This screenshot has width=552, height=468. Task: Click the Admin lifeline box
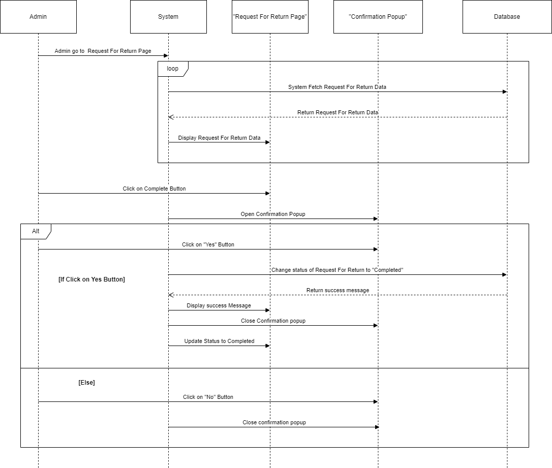click(38, 17)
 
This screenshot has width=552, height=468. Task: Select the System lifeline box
click(168, 17)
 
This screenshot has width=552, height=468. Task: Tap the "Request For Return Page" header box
click(270, 17)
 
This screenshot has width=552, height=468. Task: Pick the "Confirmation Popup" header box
click(378, 17)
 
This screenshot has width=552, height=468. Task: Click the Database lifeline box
click(507, 17)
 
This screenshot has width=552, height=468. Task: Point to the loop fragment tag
click(173, 69)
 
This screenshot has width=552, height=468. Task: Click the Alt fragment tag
click(36, 231)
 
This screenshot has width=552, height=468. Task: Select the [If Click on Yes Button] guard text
click(91, 279)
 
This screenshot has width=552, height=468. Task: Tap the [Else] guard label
click(86, 383)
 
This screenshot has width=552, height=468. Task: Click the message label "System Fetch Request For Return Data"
click(337, 87)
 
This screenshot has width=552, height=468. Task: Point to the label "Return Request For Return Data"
click(338, 112)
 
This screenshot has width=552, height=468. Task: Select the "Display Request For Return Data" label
click(219, 138)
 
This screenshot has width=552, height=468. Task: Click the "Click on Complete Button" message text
click(154, 189)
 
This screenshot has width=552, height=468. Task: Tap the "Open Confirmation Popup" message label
click(273, 214)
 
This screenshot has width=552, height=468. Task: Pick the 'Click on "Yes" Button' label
click(208, 244)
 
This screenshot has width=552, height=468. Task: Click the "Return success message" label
click(338, 290)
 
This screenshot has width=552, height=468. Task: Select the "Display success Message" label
click(219, 305)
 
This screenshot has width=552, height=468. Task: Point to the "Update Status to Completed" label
click(219, 341)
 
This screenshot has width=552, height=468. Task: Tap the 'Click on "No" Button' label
click(208, 397)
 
